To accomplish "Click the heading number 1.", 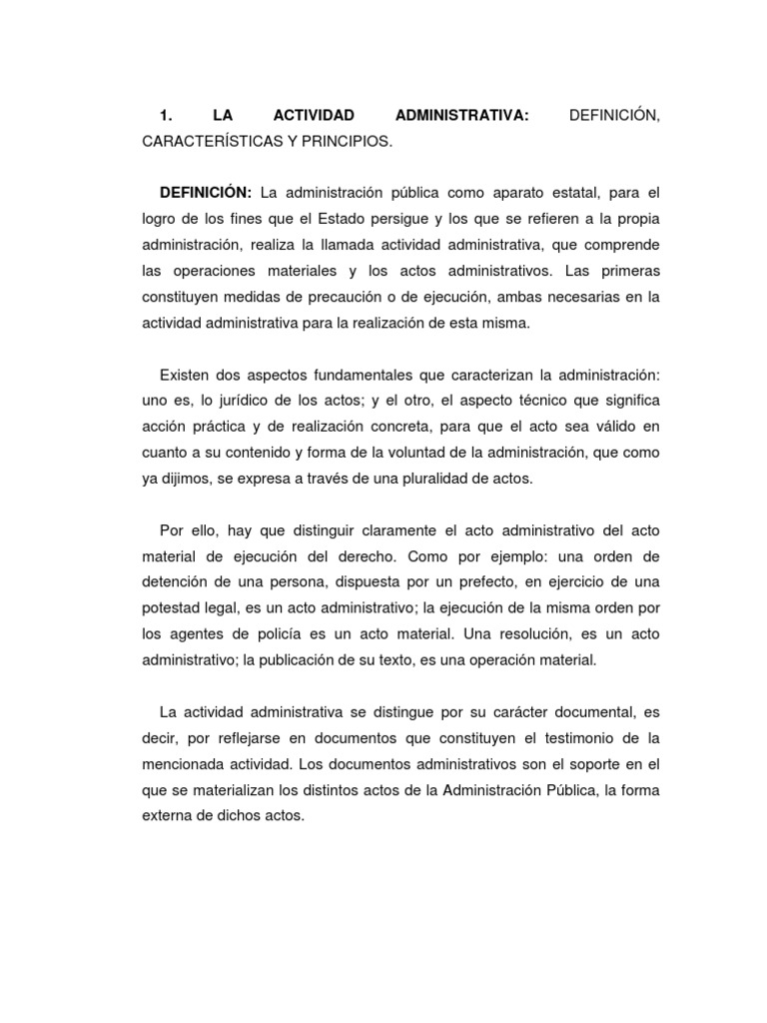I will point(165,117).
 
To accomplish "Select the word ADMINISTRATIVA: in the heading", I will point(461,117).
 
